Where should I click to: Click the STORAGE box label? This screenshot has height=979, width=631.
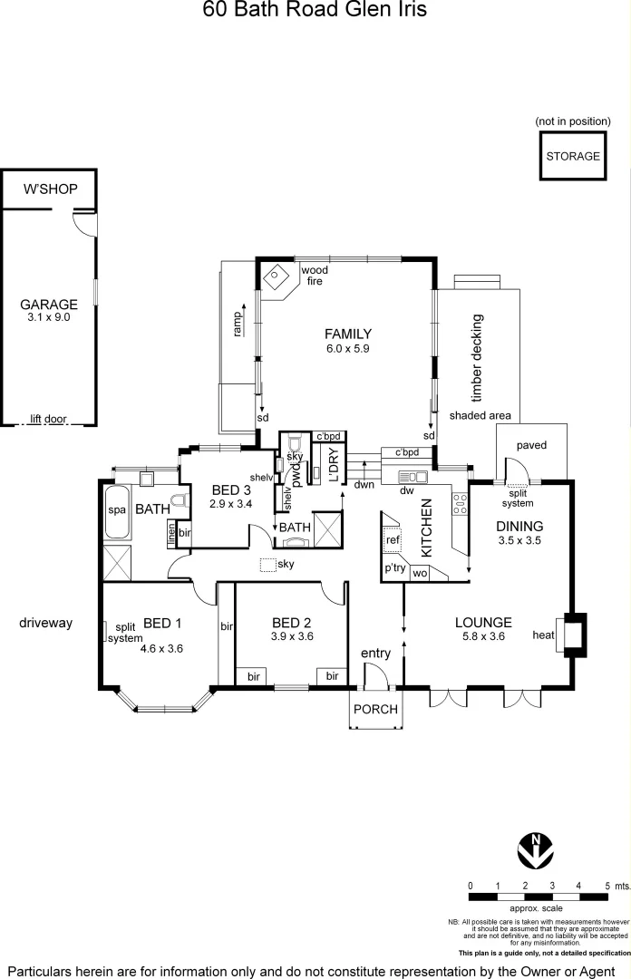coord(573,156)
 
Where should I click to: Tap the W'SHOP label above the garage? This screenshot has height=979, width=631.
coord(50,189)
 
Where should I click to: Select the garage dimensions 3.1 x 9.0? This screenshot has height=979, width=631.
coord(50,317)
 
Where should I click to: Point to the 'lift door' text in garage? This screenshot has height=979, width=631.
coord(49,418)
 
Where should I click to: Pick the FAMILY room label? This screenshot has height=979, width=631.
coord(348,334)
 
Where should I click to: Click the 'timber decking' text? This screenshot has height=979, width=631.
coord(478,357)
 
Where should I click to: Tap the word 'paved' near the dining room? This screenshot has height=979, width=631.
coord(531,445)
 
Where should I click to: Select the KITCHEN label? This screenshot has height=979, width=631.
coord(426,528)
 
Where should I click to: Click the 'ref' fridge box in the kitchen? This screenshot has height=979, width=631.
coord(393,540)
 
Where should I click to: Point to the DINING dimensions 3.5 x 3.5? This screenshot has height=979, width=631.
coord(519,541)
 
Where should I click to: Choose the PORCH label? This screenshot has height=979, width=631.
coord(375,709)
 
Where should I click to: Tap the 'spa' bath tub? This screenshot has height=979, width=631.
coord(117,510)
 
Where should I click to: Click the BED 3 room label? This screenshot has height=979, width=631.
coord(230,490)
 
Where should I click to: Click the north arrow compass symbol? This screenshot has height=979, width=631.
coord(536,849)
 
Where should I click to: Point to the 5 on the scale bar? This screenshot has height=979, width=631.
coord(606,885)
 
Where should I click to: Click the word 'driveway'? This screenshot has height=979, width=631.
coord(45,623)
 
